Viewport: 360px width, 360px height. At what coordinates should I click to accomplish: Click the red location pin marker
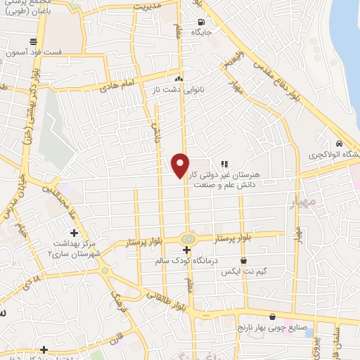pyautogui.click(x=181, y=165)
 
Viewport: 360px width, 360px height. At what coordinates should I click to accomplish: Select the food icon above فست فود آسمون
pyautogui.click(x=33, y=41)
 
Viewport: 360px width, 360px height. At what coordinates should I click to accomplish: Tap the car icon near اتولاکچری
pyautogui.click(x=340, y=141)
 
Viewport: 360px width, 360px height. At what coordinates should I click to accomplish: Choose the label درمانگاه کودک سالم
pyautogui.click(x=190, y=261)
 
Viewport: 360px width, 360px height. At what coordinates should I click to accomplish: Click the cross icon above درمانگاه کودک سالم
pyautogui.click(x=186, y=250)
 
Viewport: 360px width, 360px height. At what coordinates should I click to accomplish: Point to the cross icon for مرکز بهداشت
pyautogui.click(x=74, y=232)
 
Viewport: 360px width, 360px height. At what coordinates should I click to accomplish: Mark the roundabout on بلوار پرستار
pyautogui.click(x=187, y=238)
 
